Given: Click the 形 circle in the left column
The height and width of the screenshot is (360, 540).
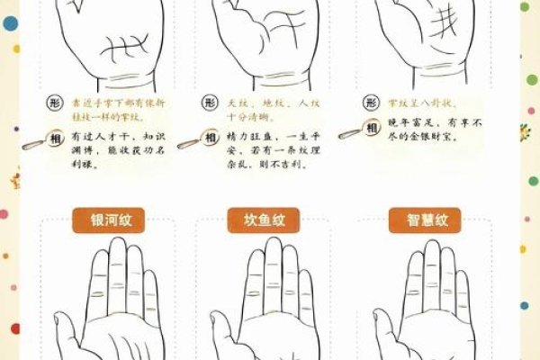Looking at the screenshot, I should (55, 104).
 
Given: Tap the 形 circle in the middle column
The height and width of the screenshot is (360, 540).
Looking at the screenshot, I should (211, 104).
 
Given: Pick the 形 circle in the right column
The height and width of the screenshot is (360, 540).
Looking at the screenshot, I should (369, 104).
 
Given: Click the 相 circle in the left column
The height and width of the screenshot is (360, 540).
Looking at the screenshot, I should (55, 138).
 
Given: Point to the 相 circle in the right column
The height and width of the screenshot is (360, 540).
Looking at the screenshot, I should (370, 130).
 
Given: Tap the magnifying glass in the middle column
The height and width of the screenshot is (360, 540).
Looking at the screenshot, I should (188, 143).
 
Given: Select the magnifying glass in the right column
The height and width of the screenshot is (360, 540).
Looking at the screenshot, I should (348, 136).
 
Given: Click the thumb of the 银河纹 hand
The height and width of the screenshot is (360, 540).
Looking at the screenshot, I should (65, 328).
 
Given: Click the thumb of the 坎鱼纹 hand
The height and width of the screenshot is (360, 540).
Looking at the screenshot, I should (220, 328).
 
